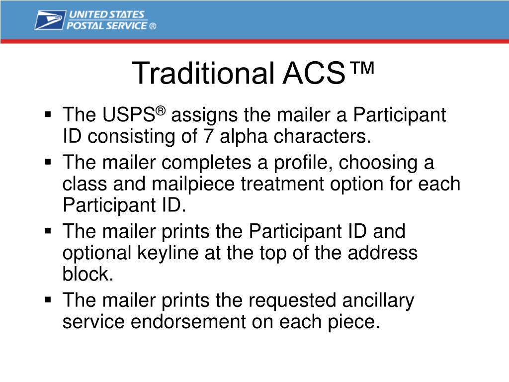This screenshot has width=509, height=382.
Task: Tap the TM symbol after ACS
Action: [362, 68]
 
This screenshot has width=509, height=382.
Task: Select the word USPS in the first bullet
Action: [129, 115]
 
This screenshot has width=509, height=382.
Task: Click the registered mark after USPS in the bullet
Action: [161, 111]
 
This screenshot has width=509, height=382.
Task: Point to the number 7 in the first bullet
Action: [208, 136]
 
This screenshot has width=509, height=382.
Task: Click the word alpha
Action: [244, 137]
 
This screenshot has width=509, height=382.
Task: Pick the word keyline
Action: [168, 253]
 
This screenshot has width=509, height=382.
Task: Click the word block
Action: [87, 274]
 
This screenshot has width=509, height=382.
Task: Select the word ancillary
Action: [378, 301]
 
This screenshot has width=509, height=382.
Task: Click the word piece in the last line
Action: [353, 322]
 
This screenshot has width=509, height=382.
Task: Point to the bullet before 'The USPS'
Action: [48, 114]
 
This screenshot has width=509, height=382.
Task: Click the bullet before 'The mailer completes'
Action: [48, 162]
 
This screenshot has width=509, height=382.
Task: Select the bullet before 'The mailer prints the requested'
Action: [48, 299]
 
